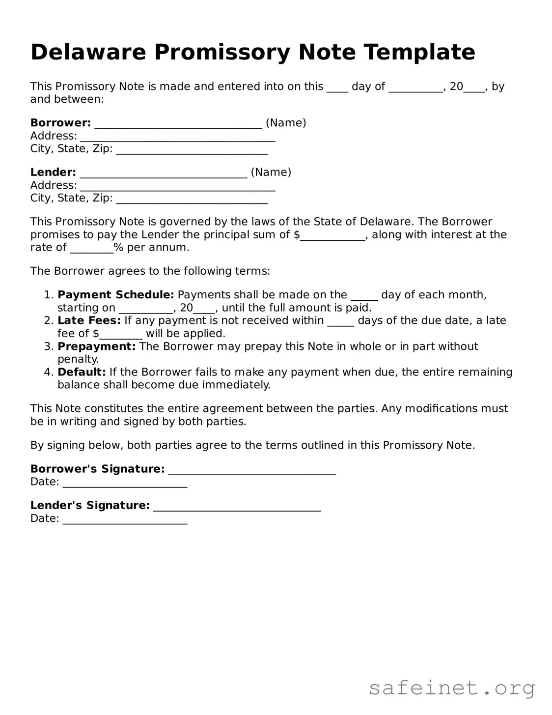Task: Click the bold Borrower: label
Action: click(60, 123)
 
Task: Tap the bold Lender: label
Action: click(53, 172)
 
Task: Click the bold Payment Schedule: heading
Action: click(115, 295)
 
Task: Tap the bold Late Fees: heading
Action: click(89, 321)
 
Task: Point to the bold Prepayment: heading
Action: click(96, 346)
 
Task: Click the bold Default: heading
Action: click(82, 372)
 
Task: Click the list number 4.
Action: click(48, 372)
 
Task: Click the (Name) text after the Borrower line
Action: click(286, 123)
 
